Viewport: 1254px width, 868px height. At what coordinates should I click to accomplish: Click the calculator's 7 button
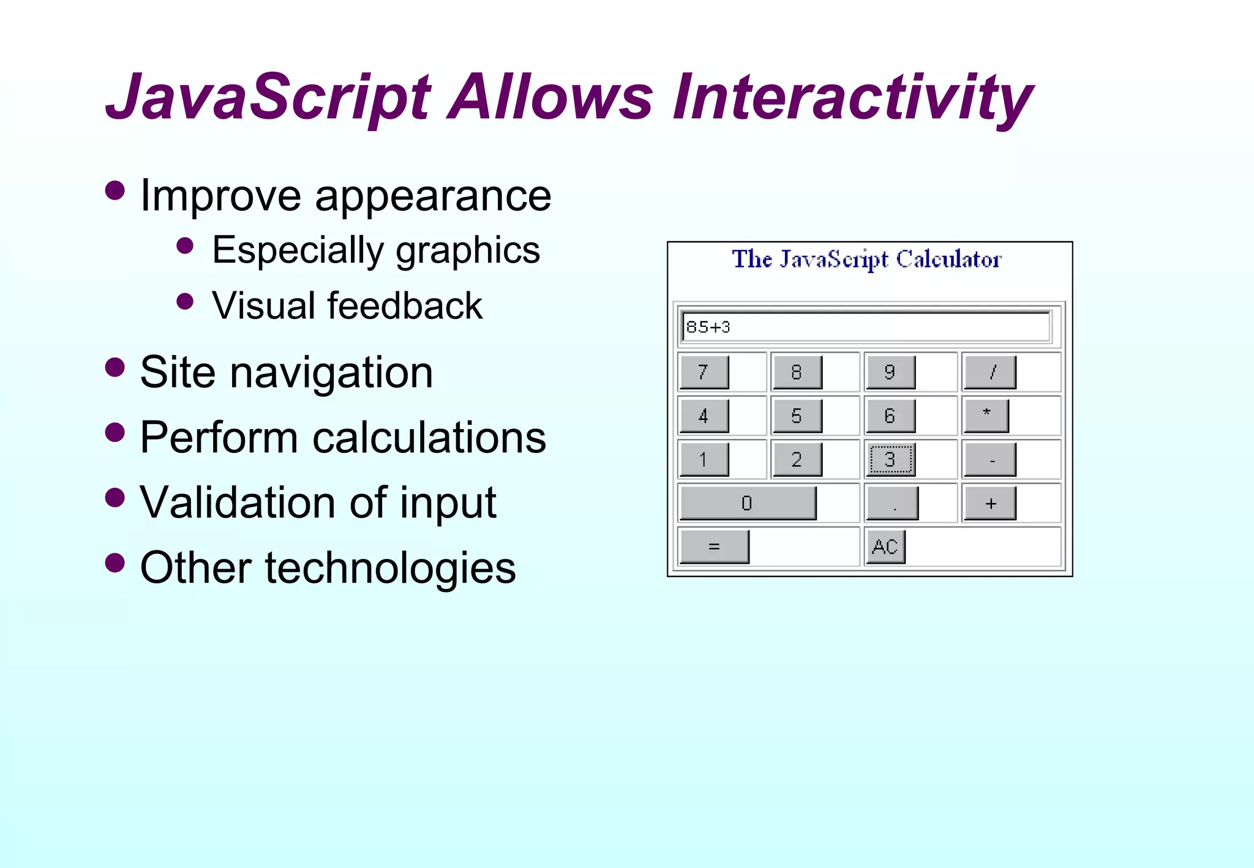coord(704,372)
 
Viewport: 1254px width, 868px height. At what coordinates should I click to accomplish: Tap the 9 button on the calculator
coord(890,372)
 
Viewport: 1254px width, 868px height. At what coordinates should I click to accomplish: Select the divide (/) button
coord(990,372)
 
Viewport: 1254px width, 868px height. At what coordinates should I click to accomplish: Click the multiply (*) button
coord(986,416)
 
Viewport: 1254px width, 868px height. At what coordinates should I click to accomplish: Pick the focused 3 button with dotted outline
coord(891,460)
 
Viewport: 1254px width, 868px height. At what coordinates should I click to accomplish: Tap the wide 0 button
coord(748,503)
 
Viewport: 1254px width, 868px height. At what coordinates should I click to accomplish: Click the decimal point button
coord(893,503)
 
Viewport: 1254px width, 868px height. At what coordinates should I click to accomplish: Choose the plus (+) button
coord(990,503)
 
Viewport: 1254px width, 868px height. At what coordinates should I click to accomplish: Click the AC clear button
coord(885,547)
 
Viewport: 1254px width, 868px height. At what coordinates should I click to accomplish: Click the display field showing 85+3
coord(866,327)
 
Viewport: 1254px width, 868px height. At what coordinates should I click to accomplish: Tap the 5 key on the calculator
coord(797,416)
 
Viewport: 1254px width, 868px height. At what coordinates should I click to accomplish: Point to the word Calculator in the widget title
coord(948,260)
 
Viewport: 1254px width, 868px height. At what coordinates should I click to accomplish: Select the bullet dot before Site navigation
coord(115,368)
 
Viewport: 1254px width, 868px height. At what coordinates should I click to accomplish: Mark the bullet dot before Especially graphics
coord(185,246)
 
